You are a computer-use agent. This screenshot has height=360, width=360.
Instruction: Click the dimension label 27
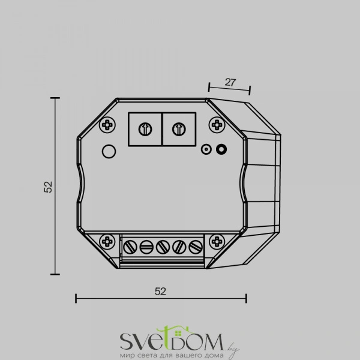click(230, 82)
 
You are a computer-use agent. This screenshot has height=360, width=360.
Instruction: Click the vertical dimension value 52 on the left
click(48, 187)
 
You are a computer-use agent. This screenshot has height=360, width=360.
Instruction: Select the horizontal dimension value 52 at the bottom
click(160, 292)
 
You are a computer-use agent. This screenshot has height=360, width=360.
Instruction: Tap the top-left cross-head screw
click(107, 125)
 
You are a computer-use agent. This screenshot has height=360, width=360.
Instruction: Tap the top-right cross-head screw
click(217, 125)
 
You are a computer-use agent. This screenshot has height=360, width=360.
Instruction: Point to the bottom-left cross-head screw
click(107, 242)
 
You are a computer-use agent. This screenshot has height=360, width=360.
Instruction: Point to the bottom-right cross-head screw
click(217, 242)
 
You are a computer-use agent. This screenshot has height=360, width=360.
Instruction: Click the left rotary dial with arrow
click(145, 129)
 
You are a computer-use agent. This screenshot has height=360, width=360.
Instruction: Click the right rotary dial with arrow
click(179, 129)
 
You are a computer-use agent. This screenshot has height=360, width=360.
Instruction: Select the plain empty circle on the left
click(109, 151)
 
